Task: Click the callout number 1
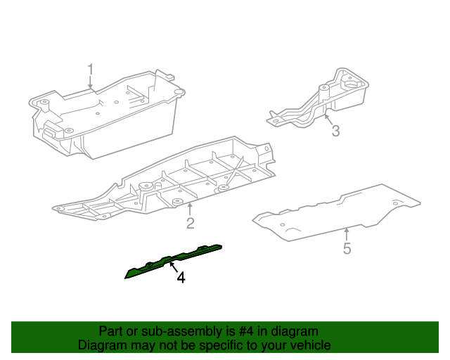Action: pyautogui.click(x=90, y=69)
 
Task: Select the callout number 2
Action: pyautogui.click(x=190, y=224)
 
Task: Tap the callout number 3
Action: pyautogui.click(x=335, y=131)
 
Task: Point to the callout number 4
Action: pyautogui.click(x=181, y=278)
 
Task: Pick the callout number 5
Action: pyautogui.click(x=347, y=248)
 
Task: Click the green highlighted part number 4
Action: pyautogui.click(x=172, y=260)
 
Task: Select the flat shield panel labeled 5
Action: pyautogui.click(x=337, y=211)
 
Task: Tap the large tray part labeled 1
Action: pyautogui.click(x=105, y=112)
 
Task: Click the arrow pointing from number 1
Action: pyautogui.click(x=90, y=83)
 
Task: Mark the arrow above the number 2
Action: pyautogui.click(x=190, y=208)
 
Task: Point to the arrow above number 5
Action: pyautogui.click(x=347, y=233)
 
